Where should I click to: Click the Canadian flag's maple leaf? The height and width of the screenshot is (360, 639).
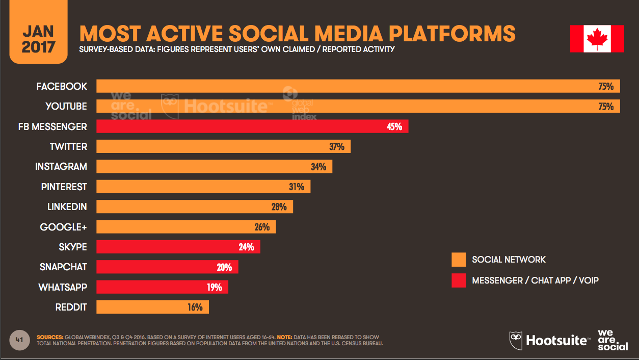pos(597,39)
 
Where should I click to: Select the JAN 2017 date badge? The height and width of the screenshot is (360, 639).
pos(38,39)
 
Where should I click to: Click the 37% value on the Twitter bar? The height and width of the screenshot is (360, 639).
pos(336,147)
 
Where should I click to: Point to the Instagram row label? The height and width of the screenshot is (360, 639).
pos(61,167)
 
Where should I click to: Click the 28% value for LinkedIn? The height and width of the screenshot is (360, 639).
pos(279,207)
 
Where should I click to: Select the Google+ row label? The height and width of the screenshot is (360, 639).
pos(64,227)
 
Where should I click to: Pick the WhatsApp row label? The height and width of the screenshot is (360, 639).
pos(63,287)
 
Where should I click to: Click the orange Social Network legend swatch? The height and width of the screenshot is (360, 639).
pos(459,260)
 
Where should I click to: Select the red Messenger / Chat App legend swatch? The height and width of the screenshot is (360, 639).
pos(459,280)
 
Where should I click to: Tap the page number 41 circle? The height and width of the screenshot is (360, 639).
pos(20,340)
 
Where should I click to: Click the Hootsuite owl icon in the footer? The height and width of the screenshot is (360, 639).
pos(516,340)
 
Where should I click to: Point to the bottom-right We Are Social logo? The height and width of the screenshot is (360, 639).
pos(613,340)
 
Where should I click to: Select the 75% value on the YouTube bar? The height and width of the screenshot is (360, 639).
pos(606,107)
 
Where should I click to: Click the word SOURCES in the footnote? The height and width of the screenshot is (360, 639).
pos(50,338)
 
